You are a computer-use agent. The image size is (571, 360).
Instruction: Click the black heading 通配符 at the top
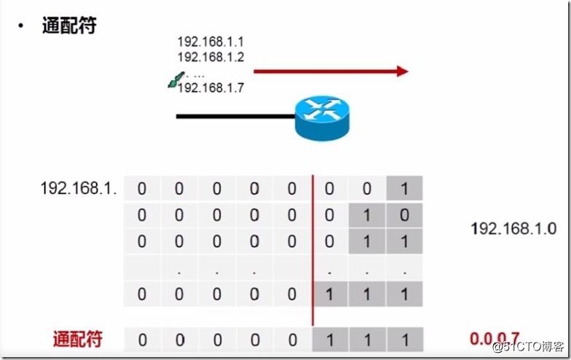click(x=69, y=26)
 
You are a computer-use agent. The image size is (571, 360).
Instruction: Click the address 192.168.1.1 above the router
click(x=210, y=42)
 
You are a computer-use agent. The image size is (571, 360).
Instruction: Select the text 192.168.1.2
click(x=210, y=57)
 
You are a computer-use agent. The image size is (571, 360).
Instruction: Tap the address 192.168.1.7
click(x=210, y=87)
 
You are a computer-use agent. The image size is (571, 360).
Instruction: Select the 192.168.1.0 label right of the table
click(x=513, y=228)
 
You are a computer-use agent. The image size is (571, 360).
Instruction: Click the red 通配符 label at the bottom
click(x=77, y=339)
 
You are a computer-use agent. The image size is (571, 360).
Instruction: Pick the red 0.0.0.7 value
click(x=496, y=339)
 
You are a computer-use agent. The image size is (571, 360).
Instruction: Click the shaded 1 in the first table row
click(x=404, y=189)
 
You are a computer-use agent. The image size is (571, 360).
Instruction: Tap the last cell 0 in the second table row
click(x=404, y=215)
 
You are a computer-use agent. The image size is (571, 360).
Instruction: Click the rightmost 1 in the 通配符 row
click(x=404, y=339)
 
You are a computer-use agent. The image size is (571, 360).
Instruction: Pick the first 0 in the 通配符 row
click(x=142, y=339)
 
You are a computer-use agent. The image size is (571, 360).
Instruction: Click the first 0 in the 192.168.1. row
click(x=142, y=189)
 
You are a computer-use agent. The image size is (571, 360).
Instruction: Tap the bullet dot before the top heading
click(x=21, y=26)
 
